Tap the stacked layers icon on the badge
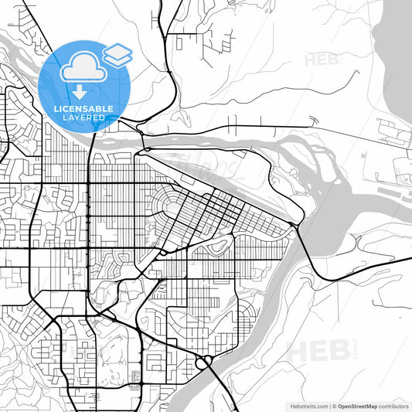pyautogui.click(x=117, y=54)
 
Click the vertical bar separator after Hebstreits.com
pyautogui.click(x=329, y=405)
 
